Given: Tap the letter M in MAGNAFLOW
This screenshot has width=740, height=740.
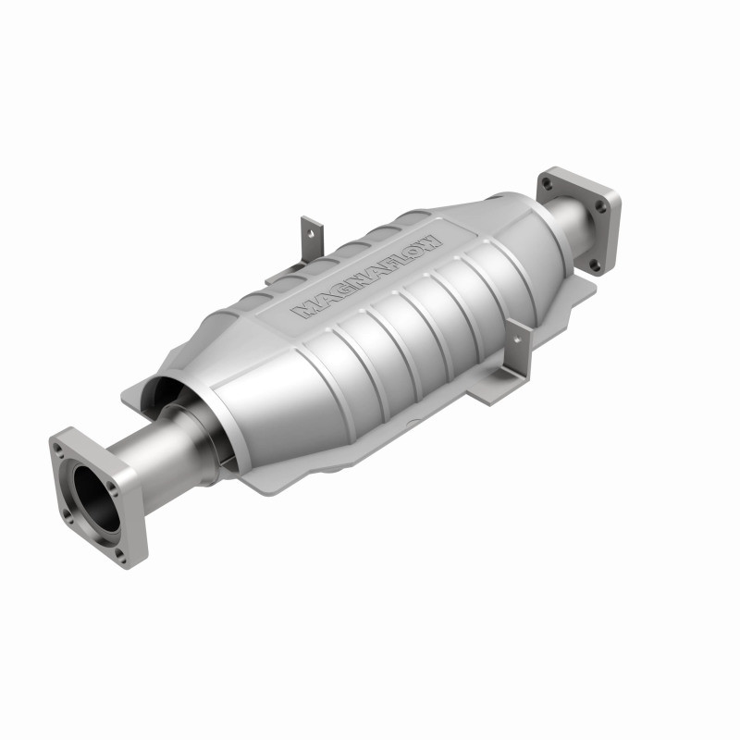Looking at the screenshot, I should click(x=302, y=311).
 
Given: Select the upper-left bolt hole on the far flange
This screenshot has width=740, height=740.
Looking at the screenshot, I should click(x=547, y=185).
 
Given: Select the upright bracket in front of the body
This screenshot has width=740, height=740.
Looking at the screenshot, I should click(x=519, y=351).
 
